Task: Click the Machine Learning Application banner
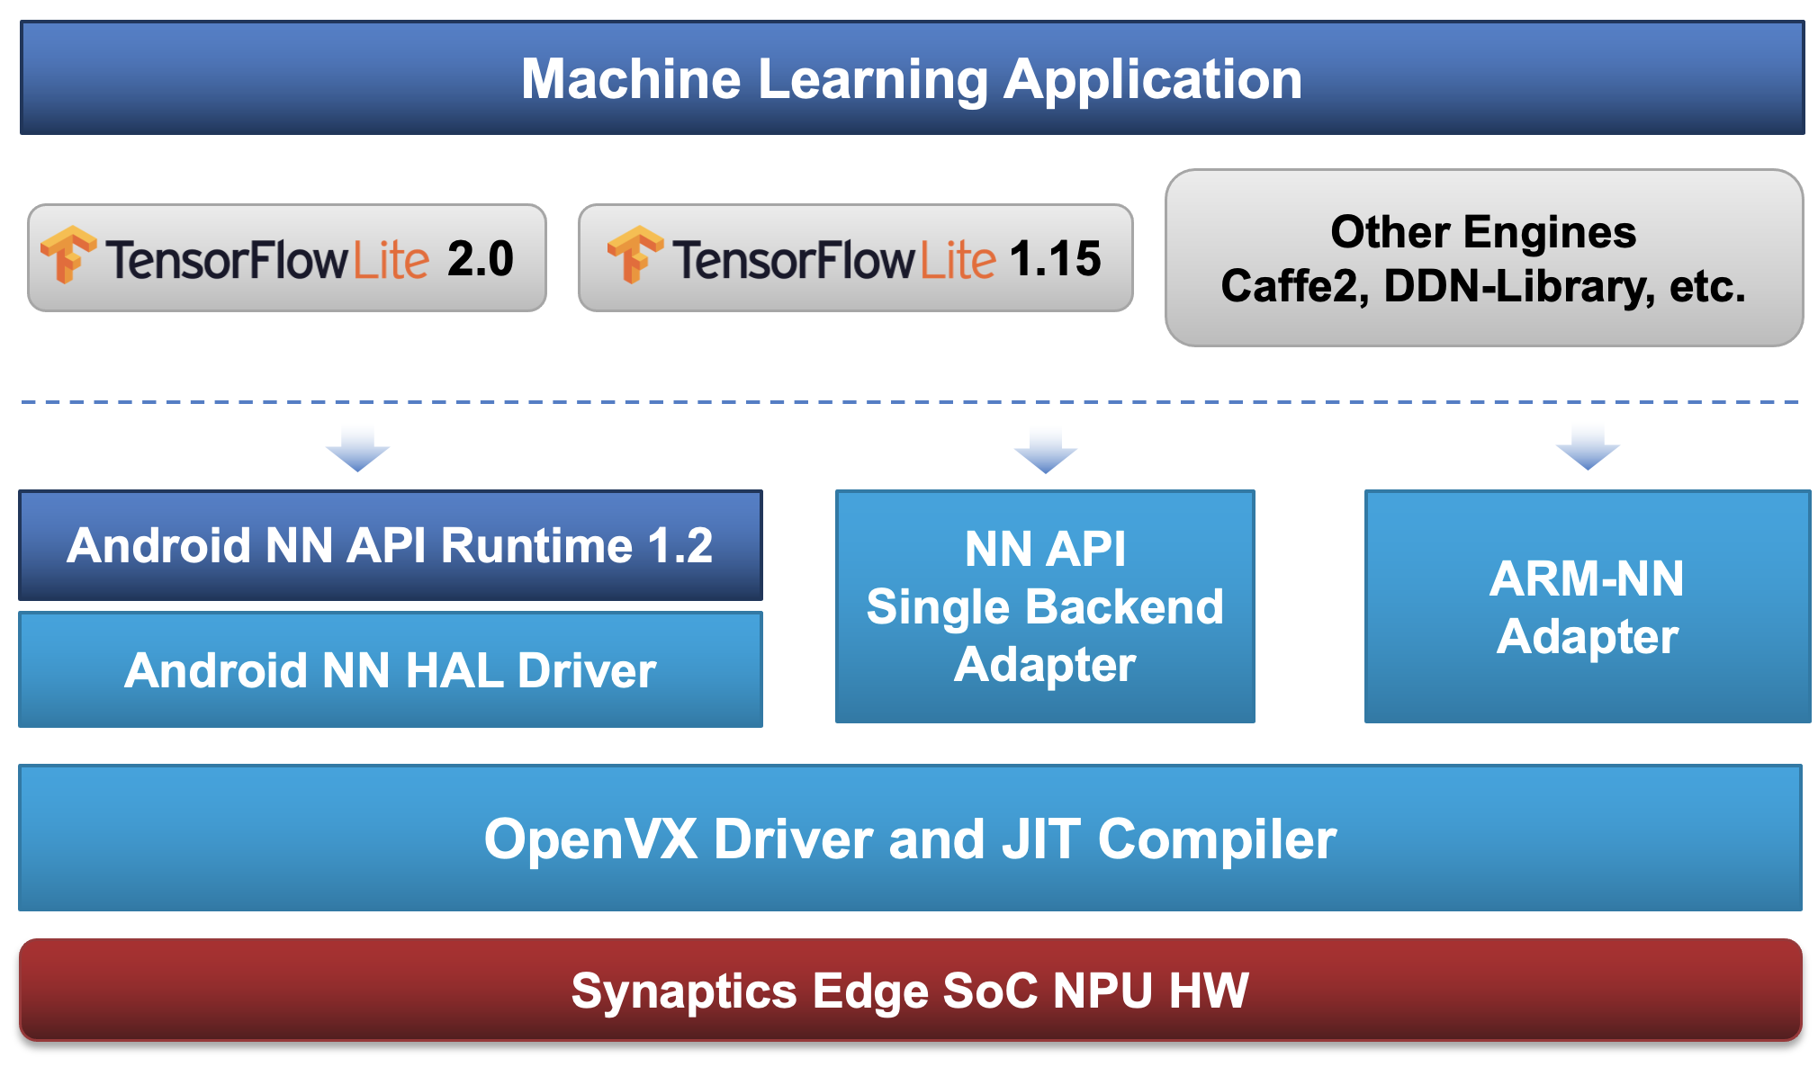tap(911, 79)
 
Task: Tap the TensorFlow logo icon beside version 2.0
tap(68, 255)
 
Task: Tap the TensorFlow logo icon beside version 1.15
tap(635, 255)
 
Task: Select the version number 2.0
tap(481, 259)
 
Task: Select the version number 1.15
tap(1055, 259)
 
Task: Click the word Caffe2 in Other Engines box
tap(1293, 287)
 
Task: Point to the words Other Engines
tap(1483, 232)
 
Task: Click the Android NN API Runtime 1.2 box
tap(390, 545)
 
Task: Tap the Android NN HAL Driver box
tap(390, 670)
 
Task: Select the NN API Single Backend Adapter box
tap(1045, 606)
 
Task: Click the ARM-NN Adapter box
tap(1587, 606)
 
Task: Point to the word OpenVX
tap(590, 839)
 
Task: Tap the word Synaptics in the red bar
tap(684, 991)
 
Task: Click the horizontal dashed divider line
tap(909, 401)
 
